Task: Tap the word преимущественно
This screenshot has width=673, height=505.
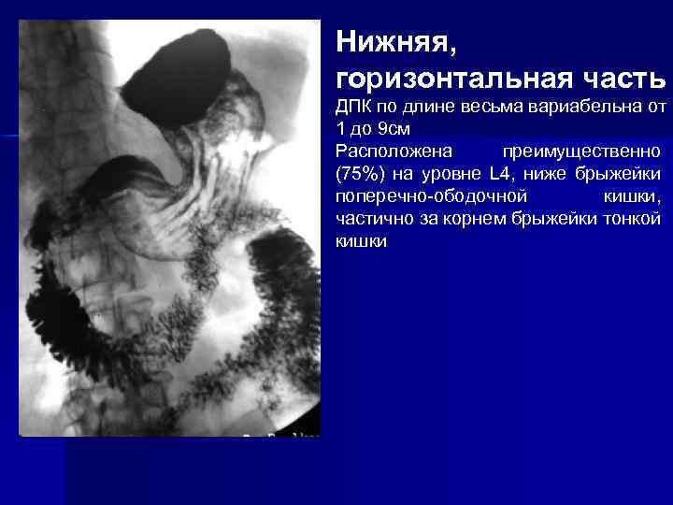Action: point(581,151)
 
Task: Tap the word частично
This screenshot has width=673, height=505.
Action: point(370,219)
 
